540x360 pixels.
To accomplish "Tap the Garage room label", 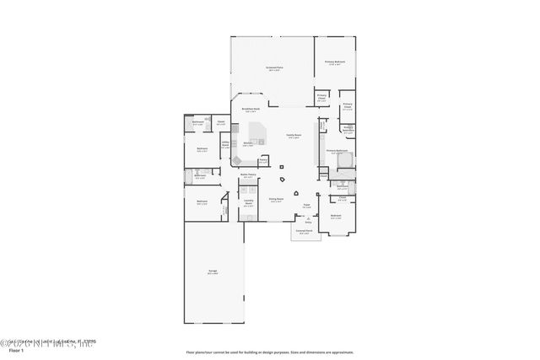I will click(213, 271).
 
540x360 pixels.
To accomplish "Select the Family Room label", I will click(293, 137).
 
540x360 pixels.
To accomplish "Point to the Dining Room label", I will click(275, 200).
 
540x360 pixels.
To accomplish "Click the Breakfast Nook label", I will click(250, 110).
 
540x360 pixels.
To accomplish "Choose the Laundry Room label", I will click(249, 203).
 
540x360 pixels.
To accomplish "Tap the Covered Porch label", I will click(304, 230).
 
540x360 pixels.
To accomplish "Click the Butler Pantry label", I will click(248, 175).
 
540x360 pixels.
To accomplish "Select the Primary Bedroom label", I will click(334, 62).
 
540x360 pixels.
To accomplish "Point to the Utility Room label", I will click(225, 144).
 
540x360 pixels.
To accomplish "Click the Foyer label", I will click(306, 206).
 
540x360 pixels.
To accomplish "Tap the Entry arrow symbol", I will click(308, 223).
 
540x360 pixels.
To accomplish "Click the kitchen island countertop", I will click(256, 133).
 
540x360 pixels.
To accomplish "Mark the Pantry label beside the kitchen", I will click(263, 160).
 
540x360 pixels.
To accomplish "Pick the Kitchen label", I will click(249, 144).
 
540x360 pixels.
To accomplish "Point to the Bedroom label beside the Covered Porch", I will click(335, 217).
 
